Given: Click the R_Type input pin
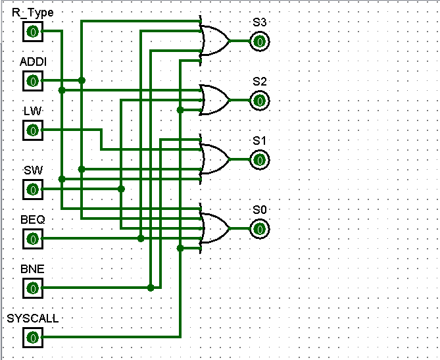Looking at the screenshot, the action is pos(33,32).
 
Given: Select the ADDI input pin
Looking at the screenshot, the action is pos(33,81).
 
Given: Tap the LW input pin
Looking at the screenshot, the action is pos(33,130).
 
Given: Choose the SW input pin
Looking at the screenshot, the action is pos(33,190).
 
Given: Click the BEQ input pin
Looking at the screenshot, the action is pos(33,239).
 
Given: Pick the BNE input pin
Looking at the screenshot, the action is pos(33,288).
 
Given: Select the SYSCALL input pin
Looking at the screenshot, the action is pos(33,338).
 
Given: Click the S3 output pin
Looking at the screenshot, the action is pos(260,41).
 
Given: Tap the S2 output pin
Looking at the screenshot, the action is pos(260,101).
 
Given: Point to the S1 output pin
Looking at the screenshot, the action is pos(260,160).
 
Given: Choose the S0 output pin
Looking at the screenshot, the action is pos(260,229).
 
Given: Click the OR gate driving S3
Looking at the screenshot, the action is pos(214,41).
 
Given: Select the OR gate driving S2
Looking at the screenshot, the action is pos(214,100).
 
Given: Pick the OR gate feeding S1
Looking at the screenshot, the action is pos(214,159).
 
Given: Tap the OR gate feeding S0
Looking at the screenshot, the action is pos(214,228).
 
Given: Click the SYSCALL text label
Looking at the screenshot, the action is pos(32,319).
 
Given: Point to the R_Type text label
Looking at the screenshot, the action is pos(32,13).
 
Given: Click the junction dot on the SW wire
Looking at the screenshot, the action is pos(121,189).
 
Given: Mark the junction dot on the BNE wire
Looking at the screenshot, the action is pos(151,288).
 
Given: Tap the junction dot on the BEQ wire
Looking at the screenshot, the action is pos(141,238).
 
